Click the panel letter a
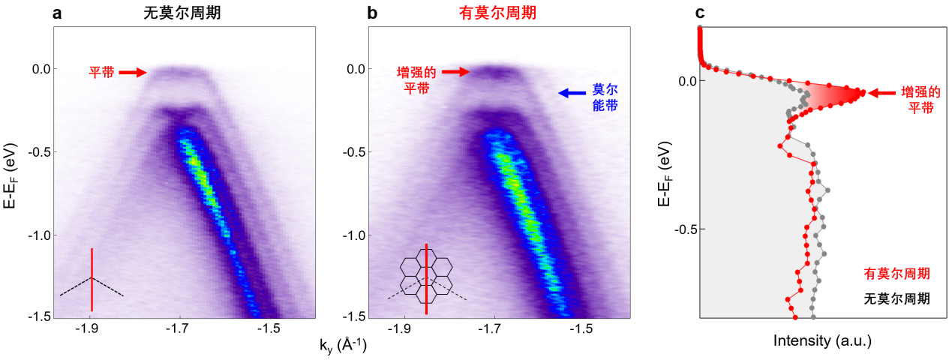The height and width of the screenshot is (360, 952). pos(57,13)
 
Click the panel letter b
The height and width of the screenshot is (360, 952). pos(372,13)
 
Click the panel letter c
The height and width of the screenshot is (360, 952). pos(700,13)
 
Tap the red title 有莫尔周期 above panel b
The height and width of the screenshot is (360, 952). pos(498,13)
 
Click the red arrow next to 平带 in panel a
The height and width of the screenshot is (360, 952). pos(133,73)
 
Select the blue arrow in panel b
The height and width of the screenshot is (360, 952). pos(572,94)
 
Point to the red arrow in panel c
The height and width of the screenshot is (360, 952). pos(882,93)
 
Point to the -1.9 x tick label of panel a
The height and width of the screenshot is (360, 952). pos(90,328)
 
